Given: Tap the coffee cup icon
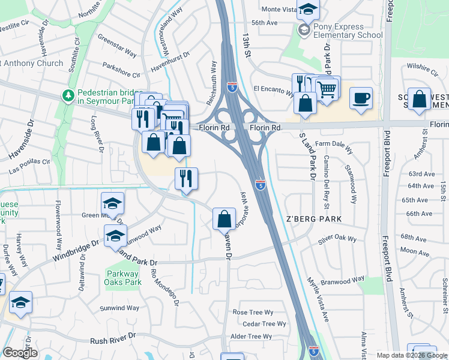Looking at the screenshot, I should tap(361, 99).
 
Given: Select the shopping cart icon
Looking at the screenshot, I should tap(327, 89).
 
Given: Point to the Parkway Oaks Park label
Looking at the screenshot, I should tap(122, 278).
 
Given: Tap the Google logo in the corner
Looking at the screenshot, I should tap(20, 353).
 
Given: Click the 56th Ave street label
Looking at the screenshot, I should tap(264, 23).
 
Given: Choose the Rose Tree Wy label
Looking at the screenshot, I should tap(253, 312).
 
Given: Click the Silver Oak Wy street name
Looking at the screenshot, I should tap(337, 239).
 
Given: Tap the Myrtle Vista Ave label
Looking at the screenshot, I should tap(318, 298).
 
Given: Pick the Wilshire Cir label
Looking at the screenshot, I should tap(423, 68).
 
